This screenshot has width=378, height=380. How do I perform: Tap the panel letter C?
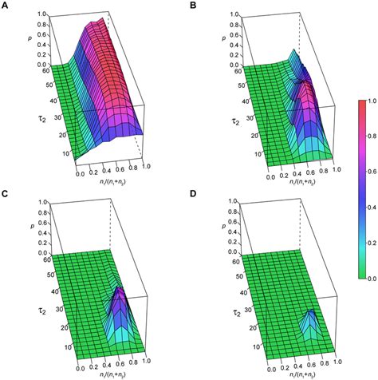tap(6, 193)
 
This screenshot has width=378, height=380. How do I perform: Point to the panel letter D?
tap(195, 193)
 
